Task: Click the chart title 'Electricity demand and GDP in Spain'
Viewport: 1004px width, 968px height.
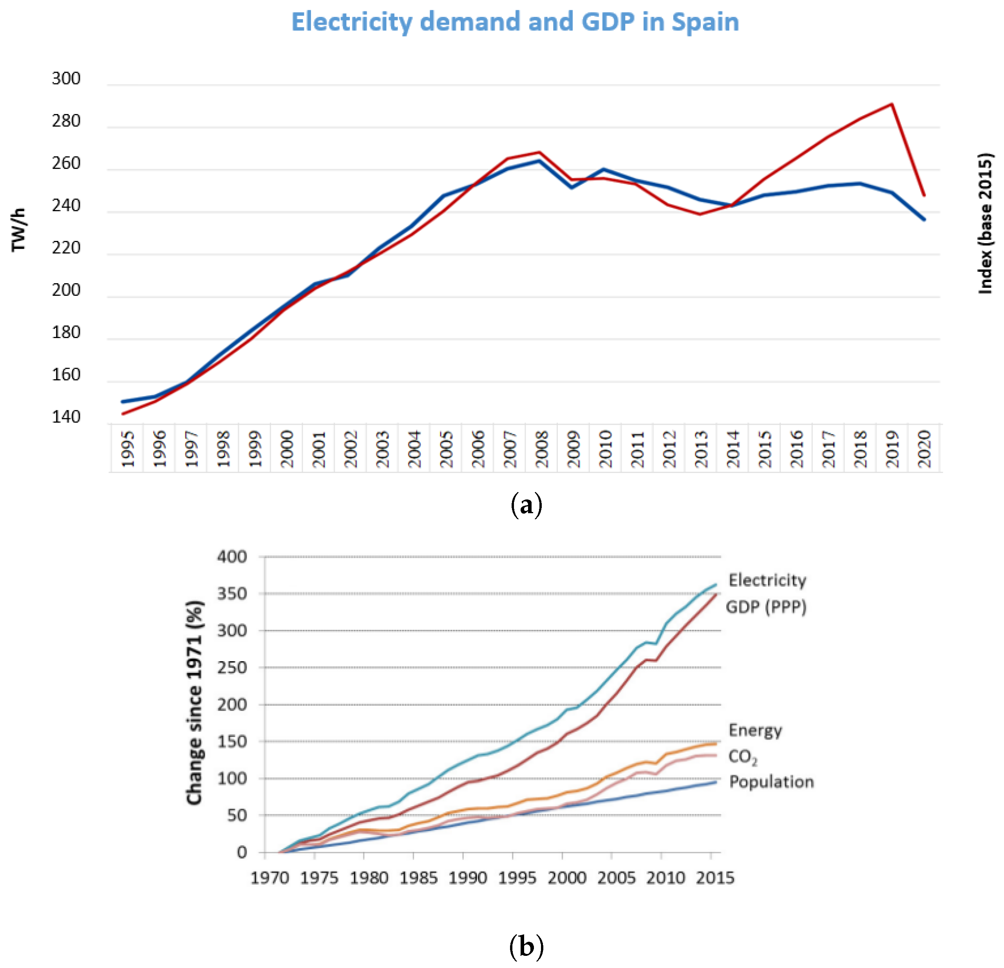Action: [515, 22]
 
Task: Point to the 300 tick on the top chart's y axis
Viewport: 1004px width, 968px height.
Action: [66, 78]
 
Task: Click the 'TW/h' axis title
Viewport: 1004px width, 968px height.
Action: [18, 230]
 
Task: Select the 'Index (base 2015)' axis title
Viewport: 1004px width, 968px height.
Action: [984, 223]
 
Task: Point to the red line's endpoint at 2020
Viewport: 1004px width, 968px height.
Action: [924, 195]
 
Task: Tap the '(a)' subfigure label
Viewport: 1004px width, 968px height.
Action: [526, 505]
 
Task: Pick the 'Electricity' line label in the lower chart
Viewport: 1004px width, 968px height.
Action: [767, 580]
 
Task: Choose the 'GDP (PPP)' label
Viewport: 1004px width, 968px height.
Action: [766, 607]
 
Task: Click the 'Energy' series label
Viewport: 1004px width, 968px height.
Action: [755, 730]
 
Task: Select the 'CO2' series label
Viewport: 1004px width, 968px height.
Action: [742, 756]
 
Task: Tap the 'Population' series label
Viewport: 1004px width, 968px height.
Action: [771, 782]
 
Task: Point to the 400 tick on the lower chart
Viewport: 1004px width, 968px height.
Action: [232, 557]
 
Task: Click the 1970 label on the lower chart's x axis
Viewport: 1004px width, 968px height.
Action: [270, 878]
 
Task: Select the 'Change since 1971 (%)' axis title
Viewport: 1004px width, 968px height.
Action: [195, 703]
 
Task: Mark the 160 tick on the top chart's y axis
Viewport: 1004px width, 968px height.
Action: [66, 375]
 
